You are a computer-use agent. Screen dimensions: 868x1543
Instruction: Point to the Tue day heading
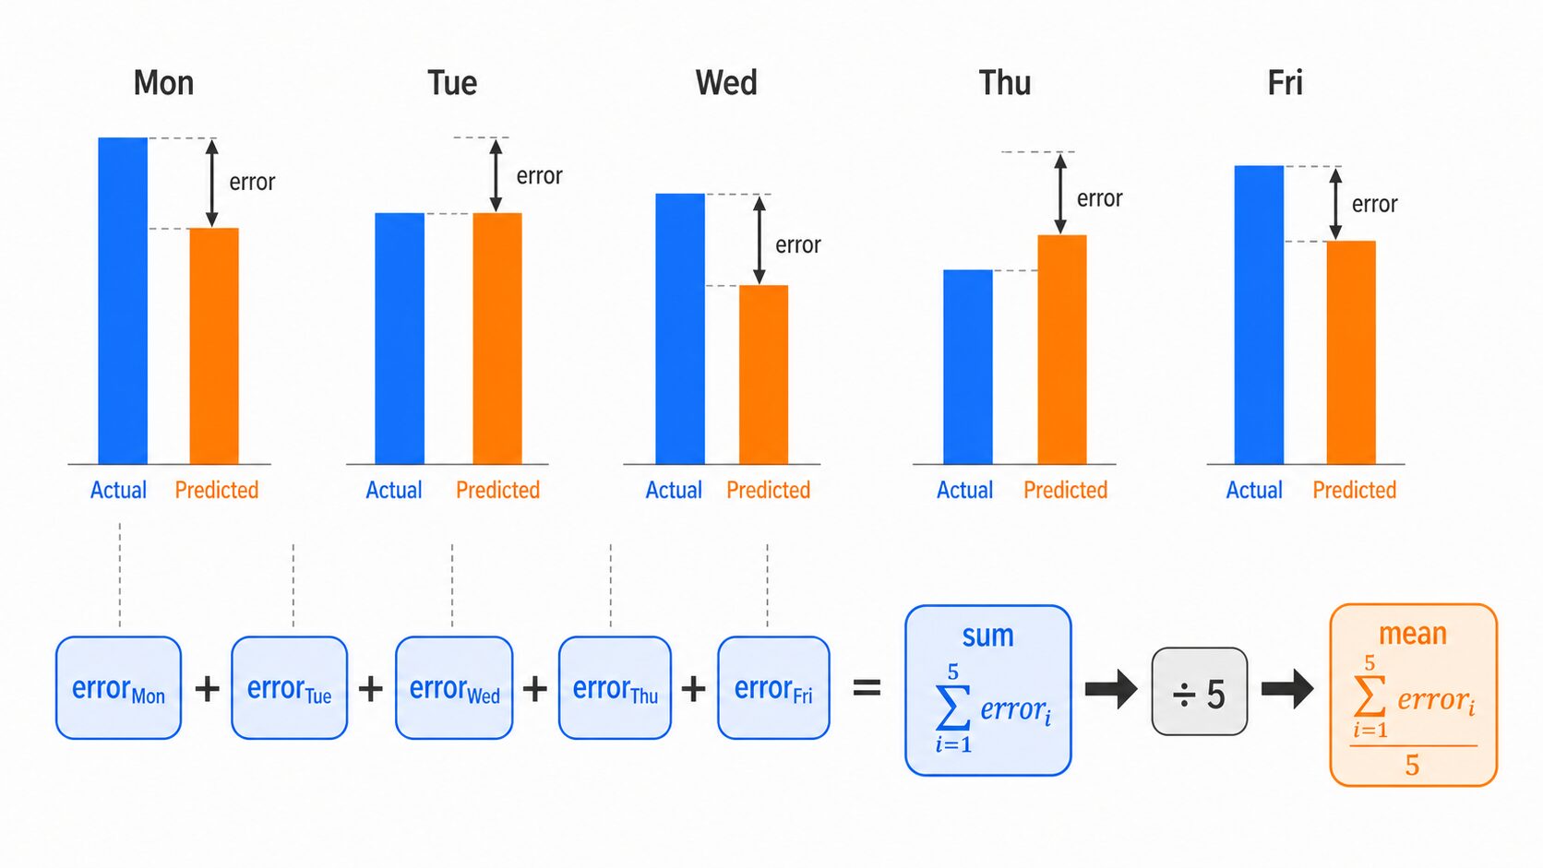pos(452,83)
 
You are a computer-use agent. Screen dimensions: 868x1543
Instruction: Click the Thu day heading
pos(1004,83)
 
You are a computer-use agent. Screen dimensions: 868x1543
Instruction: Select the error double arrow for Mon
pos(212,183)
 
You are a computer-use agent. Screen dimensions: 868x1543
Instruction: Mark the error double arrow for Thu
pos(1060,194)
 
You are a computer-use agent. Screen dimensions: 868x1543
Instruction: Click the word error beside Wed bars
pos(797,244)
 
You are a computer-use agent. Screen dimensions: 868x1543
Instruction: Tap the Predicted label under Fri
pos(1354,490)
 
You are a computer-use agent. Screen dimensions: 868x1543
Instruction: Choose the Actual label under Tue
pos(394,490)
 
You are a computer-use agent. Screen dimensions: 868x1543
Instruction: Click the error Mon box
pos(118,688)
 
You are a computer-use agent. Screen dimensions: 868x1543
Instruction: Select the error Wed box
pos(454,688)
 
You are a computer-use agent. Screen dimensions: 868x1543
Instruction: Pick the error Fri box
pos(773,688)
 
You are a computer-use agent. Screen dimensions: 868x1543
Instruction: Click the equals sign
pos(867,688)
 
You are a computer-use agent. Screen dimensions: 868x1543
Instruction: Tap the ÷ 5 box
pos(1199,693)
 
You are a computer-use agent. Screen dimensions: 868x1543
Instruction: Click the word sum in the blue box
pos(987,636)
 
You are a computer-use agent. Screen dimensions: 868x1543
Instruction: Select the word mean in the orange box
pos(1412,634)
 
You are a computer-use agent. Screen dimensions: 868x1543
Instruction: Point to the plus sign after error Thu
pos(693,688)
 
